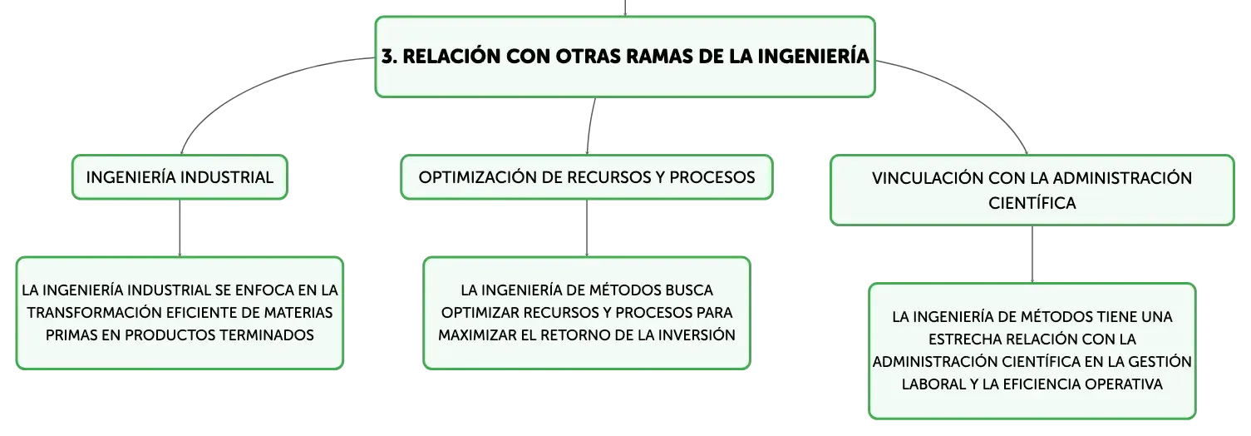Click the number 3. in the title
pyautogui.click(x=389, y=57)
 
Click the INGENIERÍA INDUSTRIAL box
pyautogui.click(x=180, y=177)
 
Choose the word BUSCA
pyautogui.click(x=686, y=290)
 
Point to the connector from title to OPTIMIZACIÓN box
pyautogui.click(x=590, y=126)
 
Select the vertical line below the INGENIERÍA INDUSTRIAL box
pyautogui.click(x=180, y=228)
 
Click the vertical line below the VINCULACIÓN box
pyautogui.click(x=1032, y=255)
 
